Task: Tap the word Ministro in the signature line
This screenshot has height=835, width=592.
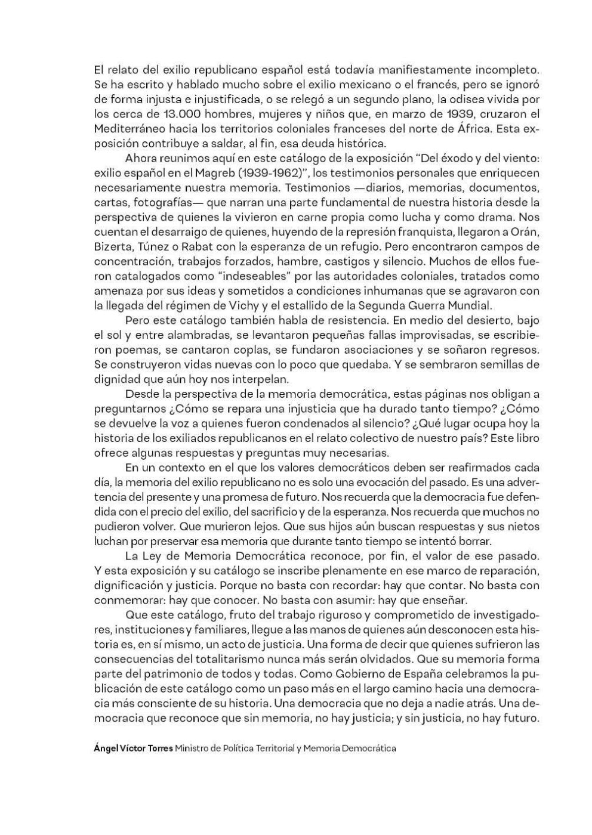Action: pos(195,747)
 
